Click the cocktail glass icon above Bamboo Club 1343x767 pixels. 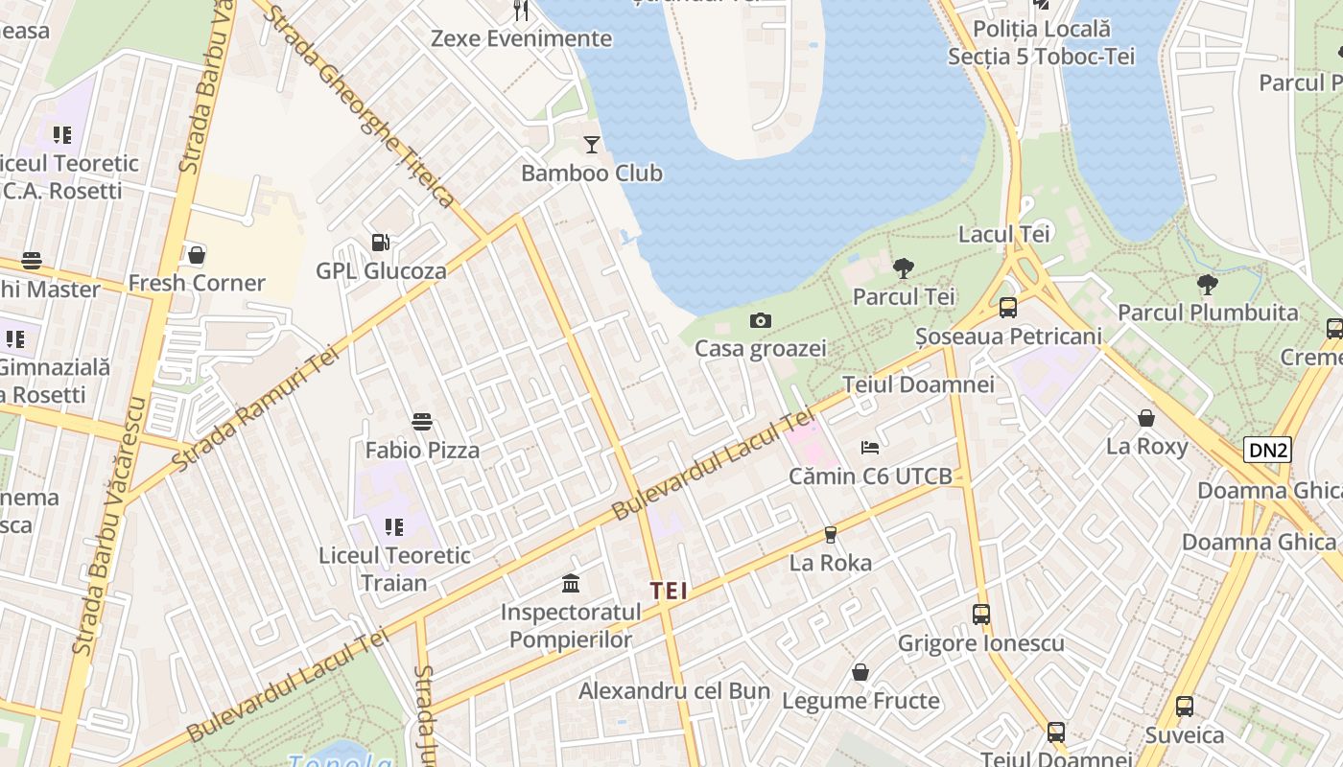click(x=591, y=145)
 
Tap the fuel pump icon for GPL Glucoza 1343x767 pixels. click(x=381, y=243)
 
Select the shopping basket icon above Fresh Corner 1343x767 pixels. click(x=197, y=255)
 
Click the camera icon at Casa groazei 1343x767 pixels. click(x=761, y=320)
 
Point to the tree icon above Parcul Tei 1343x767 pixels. click(x=903, y=268)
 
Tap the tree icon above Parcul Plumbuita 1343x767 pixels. click(x=1207, y=284)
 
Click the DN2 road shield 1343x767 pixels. click(x=1266, y=449)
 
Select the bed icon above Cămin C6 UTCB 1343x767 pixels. click(x=870, y=447)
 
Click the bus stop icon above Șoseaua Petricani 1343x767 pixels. click(x=1007, y=308)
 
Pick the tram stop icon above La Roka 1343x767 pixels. click(x=831, y=534)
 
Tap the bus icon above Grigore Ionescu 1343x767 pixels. click(x=980, y=615)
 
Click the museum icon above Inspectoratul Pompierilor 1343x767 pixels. click(x=571, y=583)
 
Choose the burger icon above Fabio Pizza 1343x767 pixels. click(x=422, y=421)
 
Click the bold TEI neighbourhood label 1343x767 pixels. click(x=669, y=591)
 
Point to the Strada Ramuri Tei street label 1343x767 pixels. click(x=258, y=409)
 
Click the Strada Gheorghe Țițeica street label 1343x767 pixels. click(x=360, y=105)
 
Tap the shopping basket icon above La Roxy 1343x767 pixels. click(x=1146, y=418)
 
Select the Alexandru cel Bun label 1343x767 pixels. click(x=674, y=690)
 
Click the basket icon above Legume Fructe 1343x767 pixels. click(x=860, y=672)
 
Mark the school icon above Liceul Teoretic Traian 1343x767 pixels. click(x=394, y=526)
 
